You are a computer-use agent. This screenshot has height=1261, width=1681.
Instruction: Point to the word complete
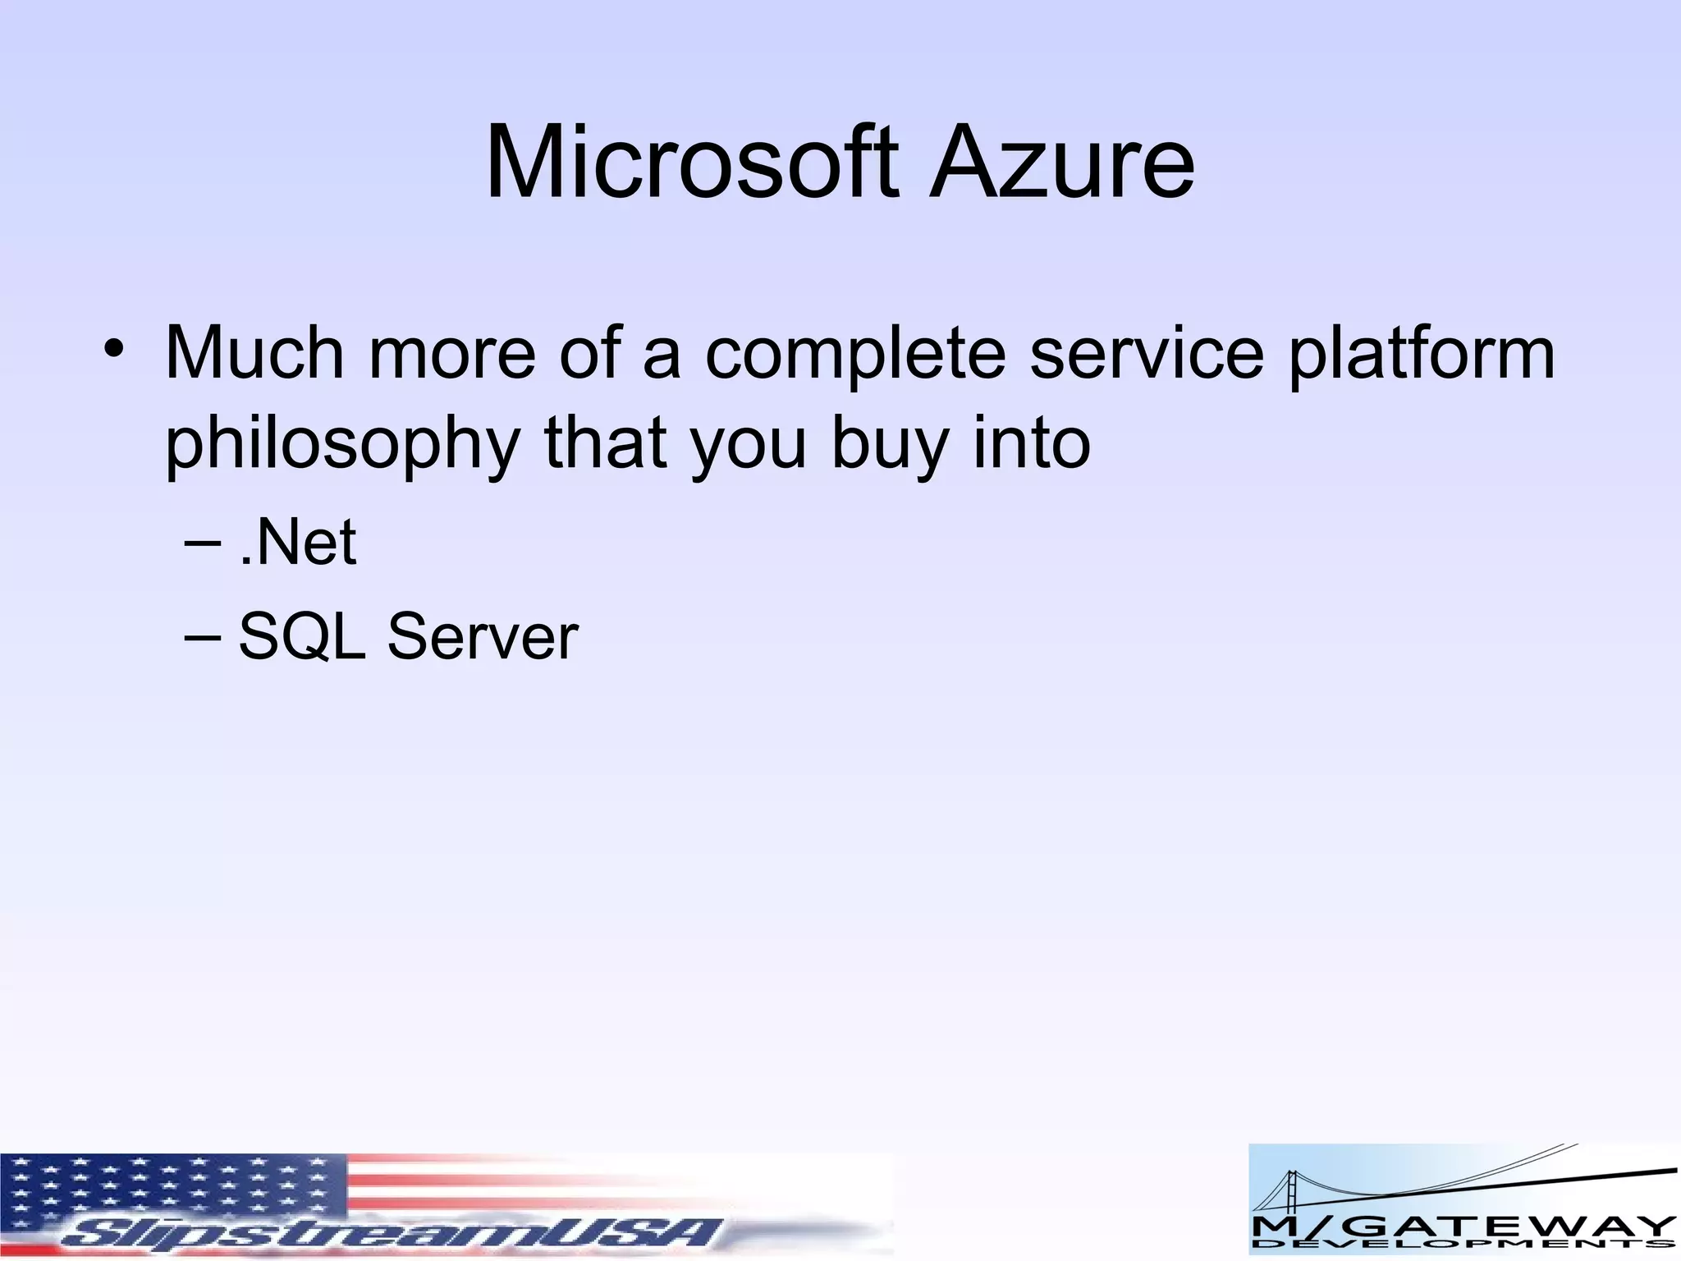click(x=854, y=355)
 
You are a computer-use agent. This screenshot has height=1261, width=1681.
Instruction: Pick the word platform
click(x=1421, y=355)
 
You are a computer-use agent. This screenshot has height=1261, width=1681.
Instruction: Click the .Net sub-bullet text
click(x=297, y=543)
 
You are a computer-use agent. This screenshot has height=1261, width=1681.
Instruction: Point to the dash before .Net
click(x=203, y=544)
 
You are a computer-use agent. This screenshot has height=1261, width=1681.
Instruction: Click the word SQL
click(x=301, y=637)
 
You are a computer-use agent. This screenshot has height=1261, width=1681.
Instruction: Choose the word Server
click(x=483, y=637)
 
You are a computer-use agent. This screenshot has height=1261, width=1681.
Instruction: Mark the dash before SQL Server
click(x=203, y=638)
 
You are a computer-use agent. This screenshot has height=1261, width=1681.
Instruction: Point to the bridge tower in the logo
click(x=1289, y=1202)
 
